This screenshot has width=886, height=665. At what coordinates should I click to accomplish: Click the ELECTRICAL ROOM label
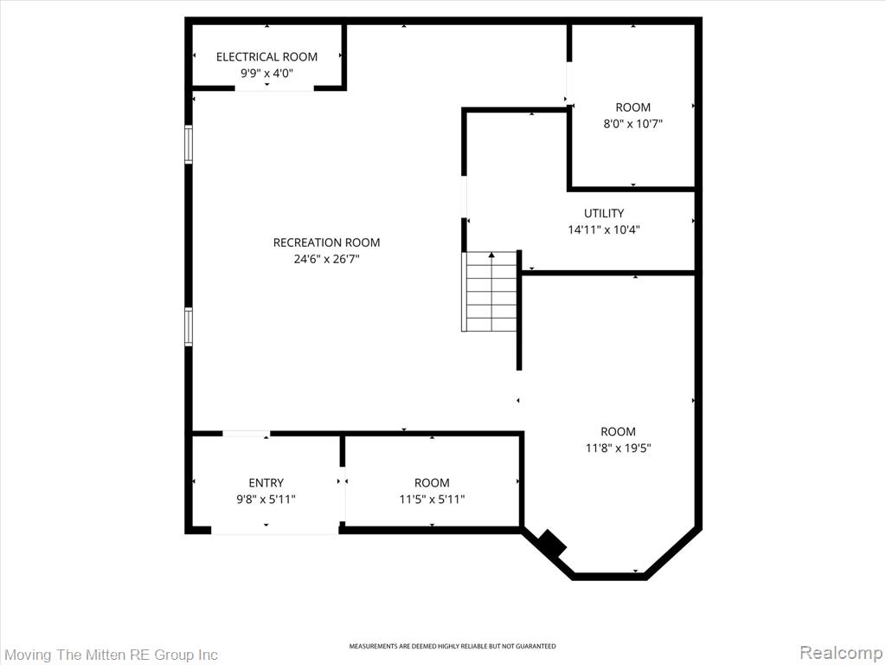pos(266,56)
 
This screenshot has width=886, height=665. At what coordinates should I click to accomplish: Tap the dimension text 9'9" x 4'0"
pos(266,73)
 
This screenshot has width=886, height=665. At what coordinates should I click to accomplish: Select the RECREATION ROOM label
pos(326,242)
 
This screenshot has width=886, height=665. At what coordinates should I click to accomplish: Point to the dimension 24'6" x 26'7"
pos(326,259)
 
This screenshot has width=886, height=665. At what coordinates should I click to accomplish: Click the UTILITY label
pos(604,213)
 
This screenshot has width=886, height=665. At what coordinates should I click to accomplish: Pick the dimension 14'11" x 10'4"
pos(604,229)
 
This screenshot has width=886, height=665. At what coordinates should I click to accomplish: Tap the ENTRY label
pos(266,483)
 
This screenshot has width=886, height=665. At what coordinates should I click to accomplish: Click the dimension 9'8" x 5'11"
pos(266,500)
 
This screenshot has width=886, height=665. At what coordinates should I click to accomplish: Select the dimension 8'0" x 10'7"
pos(632,123)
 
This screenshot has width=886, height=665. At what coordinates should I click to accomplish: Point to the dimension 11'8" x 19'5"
pos(618,448)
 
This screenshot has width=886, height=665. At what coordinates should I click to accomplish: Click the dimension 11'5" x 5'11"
pos(433,500)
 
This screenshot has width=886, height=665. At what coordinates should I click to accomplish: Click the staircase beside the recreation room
pos(490,291)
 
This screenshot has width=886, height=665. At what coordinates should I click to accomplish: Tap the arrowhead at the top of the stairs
pos(491,255)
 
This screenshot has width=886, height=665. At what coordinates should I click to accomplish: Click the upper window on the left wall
pos(189,145)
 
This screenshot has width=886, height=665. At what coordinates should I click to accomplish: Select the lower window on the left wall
pos(189,326)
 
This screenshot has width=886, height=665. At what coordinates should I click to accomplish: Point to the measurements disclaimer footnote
pos(452,646)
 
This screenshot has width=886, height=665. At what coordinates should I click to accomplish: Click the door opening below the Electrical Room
pos(274,88)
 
